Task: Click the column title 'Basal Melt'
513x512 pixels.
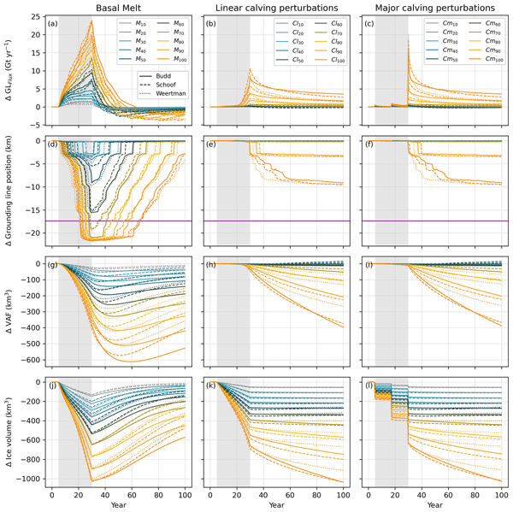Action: point(117,7)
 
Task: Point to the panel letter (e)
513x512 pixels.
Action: point(212,145)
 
